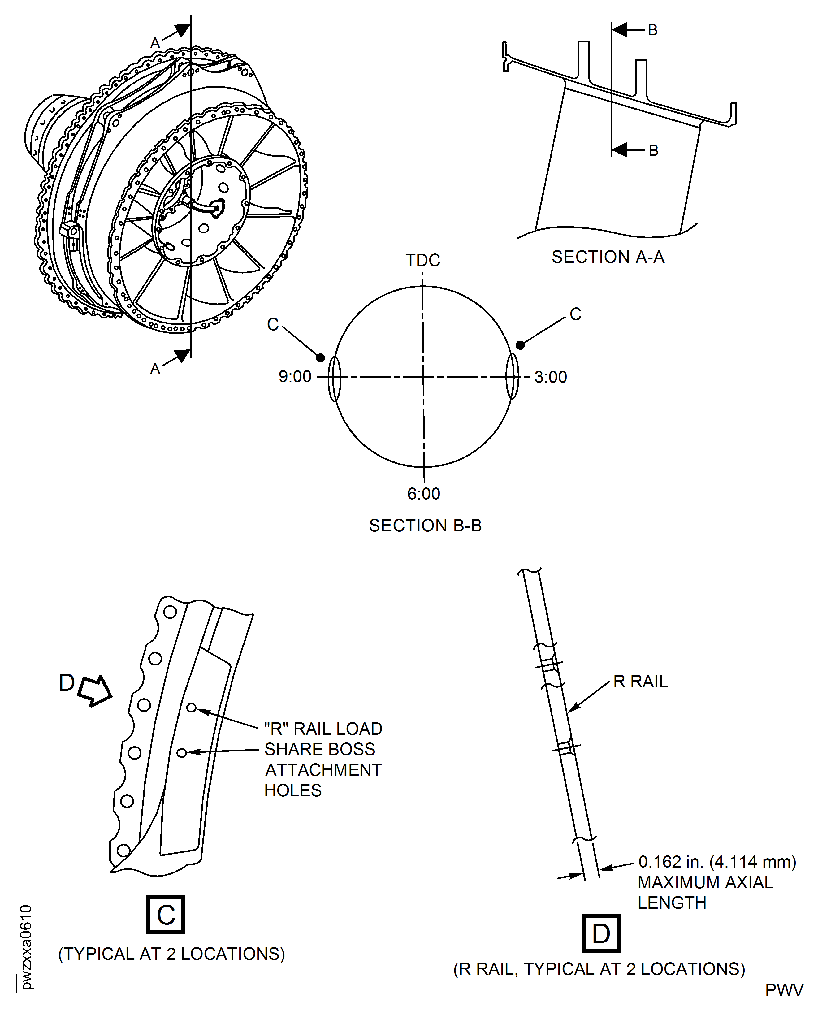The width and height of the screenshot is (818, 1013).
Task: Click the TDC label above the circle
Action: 423,260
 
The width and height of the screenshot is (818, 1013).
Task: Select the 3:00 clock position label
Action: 550,377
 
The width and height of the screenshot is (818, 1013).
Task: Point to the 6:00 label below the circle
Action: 424,493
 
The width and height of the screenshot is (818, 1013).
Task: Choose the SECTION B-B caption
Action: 425,525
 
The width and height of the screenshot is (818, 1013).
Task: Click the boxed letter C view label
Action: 165,915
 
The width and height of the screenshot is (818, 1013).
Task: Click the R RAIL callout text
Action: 640,681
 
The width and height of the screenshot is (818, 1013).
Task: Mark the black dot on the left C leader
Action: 320,358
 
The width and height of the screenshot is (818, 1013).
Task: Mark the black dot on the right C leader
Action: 520,345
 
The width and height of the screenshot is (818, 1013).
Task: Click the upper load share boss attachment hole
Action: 191,708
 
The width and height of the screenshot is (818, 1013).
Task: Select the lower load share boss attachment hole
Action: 181,753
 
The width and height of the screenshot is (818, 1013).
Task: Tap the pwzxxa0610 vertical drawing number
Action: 26,947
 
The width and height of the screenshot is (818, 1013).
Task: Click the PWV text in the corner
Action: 784,990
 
